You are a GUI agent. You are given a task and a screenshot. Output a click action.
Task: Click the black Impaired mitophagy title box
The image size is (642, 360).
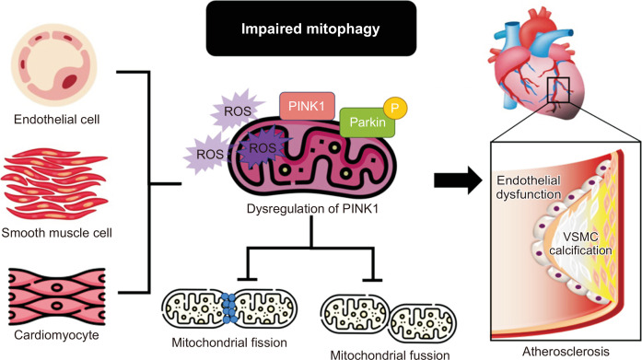point(311,29)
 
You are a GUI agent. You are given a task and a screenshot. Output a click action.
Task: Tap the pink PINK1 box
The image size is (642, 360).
point(307,107)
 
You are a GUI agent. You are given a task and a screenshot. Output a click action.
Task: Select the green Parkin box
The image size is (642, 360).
point(368,122)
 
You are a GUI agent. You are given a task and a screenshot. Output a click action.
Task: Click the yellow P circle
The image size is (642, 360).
point(395,109)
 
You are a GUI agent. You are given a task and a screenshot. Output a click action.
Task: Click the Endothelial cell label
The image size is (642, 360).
point(56,120)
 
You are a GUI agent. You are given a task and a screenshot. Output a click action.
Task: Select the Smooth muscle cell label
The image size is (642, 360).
point(56,233)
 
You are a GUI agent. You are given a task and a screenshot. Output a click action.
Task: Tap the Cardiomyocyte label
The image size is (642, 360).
point(56,335)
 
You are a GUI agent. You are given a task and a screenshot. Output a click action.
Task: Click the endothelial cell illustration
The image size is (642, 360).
point(54,65)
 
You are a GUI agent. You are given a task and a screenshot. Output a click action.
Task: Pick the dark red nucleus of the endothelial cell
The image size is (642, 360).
point(69,81)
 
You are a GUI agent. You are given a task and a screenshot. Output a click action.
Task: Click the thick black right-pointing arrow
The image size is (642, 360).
point(459,180)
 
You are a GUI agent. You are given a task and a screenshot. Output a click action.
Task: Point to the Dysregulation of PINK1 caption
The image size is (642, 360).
point(313,209)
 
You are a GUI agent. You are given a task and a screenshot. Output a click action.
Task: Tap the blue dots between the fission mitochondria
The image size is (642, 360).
point(228,308)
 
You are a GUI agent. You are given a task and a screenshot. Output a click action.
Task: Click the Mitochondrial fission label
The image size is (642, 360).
point(229,343)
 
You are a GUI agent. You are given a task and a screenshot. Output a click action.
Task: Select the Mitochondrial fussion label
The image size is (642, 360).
point(390,354)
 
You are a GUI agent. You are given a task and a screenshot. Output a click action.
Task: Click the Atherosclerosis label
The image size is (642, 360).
point(566,351)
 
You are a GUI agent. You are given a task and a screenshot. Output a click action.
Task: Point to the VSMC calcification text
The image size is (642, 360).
point(580,243)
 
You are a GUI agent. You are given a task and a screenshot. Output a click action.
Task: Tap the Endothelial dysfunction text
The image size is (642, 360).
point(528,187)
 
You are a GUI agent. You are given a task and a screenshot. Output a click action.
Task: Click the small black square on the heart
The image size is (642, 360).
point(558,90)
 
